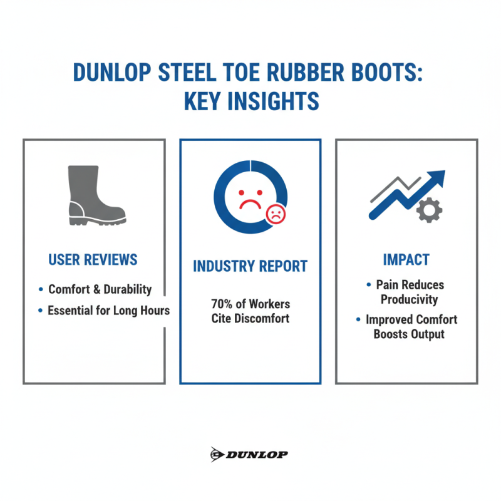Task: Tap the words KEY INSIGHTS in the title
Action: [250, 101]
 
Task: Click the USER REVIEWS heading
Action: [93, 259]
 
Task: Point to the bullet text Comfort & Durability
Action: [100, 289]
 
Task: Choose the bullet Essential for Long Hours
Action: [108, 310]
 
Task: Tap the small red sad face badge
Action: [276, 215]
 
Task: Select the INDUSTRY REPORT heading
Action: [250, 266]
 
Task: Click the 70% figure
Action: [223, 304]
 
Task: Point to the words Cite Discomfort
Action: [250, 319]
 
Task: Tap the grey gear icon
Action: [429, 209]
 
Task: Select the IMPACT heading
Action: [406, 259]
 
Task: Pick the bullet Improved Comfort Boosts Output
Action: [411, 326]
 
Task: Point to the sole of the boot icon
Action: [97, 220]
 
